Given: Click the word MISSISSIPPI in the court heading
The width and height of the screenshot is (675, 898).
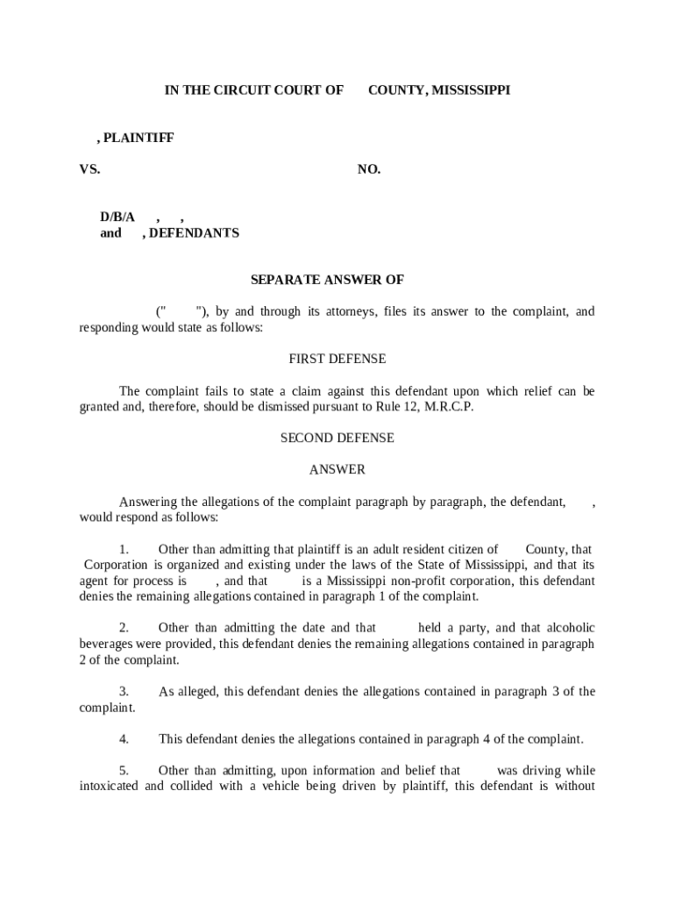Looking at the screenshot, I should (x=470, y=90).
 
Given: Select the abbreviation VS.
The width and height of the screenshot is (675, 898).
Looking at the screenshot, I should (x=89, y=170).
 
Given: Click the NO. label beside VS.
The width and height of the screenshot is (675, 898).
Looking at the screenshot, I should (x=369, y=170).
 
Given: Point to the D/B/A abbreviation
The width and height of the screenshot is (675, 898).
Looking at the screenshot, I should (x=117, y=217).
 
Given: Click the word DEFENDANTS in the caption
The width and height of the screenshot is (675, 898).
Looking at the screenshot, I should (x=194, y=233).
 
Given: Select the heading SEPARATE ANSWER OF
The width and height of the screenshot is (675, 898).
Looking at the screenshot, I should (x=327, y=280).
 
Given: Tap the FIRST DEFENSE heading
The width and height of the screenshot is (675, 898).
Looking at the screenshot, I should (x=337, y=359).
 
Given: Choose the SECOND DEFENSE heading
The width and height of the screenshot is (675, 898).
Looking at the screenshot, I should (x=337, y=438).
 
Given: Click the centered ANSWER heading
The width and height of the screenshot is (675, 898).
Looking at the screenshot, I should (x=337, y=470).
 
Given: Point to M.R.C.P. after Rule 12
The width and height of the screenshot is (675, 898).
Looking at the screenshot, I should (x=449, y=407).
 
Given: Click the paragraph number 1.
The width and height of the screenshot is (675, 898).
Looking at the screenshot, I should (x=124, y=549).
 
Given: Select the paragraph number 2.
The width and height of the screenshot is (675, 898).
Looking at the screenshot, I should (x=124, y=628).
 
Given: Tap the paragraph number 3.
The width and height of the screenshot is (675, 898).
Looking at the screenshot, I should (x=124, y=692).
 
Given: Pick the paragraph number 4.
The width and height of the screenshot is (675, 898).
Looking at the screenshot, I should (x=124, y=739).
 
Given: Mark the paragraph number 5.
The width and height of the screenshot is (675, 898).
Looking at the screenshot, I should (x=124, y=771).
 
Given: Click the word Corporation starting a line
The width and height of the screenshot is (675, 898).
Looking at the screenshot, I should (x=117, y=565).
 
